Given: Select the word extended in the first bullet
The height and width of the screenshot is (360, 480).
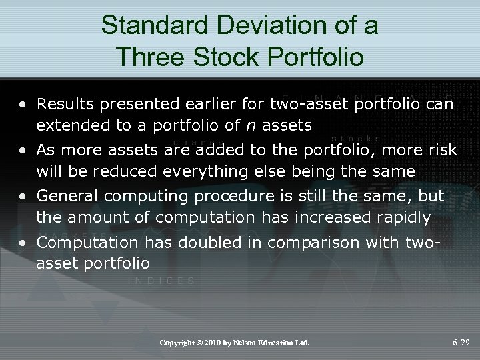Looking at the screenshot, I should (x=66, y=125).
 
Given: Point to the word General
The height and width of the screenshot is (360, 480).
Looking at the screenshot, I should (x=65, y=196).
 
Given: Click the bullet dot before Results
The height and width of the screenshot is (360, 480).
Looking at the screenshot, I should (x=23, y=105).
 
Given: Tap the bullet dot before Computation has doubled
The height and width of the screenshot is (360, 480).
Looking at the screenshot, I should (x=23, y=243).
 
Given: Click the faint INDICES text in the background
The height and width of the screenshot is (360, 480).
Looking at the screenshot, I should (x=161, y=281).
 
